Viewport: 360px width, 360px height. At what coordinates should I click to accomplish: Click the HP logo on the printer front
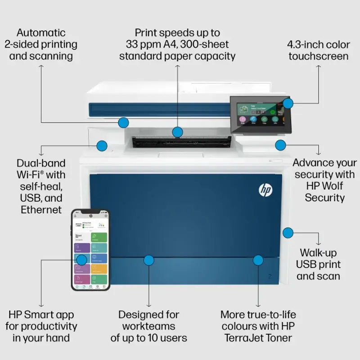tap(265, 190)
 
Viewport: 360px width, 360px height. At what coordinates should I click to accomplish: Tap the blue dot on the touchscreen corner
tap(288, 103)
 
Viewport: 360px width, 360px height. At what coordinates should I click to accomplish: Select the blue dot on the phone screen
tap(81, 260)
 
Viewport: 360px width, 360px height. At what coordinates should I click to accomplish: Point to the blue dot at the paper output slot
tap(178, 132)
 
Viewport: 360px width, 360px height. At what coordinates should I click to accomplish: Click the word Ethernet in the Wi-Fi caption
tap(41, 210)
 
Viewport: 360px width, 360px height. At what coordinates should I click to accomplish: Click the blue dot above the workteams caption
tap(149, 260)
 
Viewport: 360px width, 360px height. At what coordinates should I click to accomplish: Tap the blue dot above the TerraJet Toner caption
tap(258, 260)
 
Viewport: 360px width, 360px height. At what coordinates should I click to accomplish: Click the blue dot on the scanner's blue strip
tap(124, 122)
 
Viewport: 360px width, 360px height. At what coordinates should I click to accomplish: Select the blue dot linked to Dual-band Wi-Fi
tap(102, 145)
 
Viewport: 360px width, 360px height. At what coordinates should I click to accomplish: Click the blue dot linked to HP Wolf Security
tap(281, 145)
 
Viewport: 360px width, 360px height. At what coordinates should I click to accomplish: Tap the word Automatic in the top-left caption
tap(41, 33)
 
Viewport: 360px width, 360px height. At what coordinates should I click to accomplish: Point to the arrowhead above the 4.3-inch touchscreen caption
tap(319, 66)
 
